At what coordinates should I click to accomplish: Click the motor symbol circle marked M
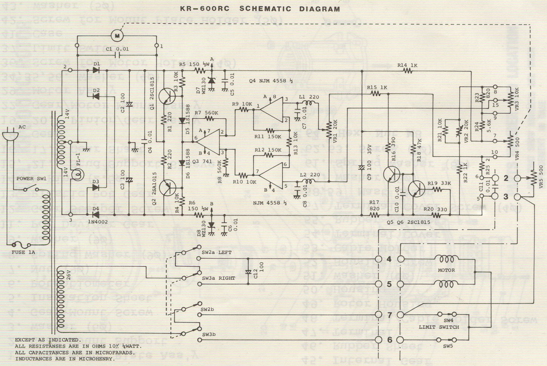117,36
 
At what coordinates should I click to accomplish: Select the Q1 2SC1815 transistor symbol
166,96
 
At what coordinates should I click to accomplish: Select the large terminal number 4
389,259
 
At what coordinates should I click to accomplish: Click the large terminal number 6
389,340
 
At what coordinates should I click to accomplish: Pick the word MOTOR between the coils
446,270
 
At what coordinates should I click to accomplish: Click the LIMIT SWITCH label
439,327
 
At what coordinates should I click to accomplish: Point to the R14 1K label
407,65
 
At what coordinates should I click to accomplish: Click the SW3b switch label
208,334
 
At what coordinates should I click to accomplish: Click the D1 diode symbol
96,70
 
